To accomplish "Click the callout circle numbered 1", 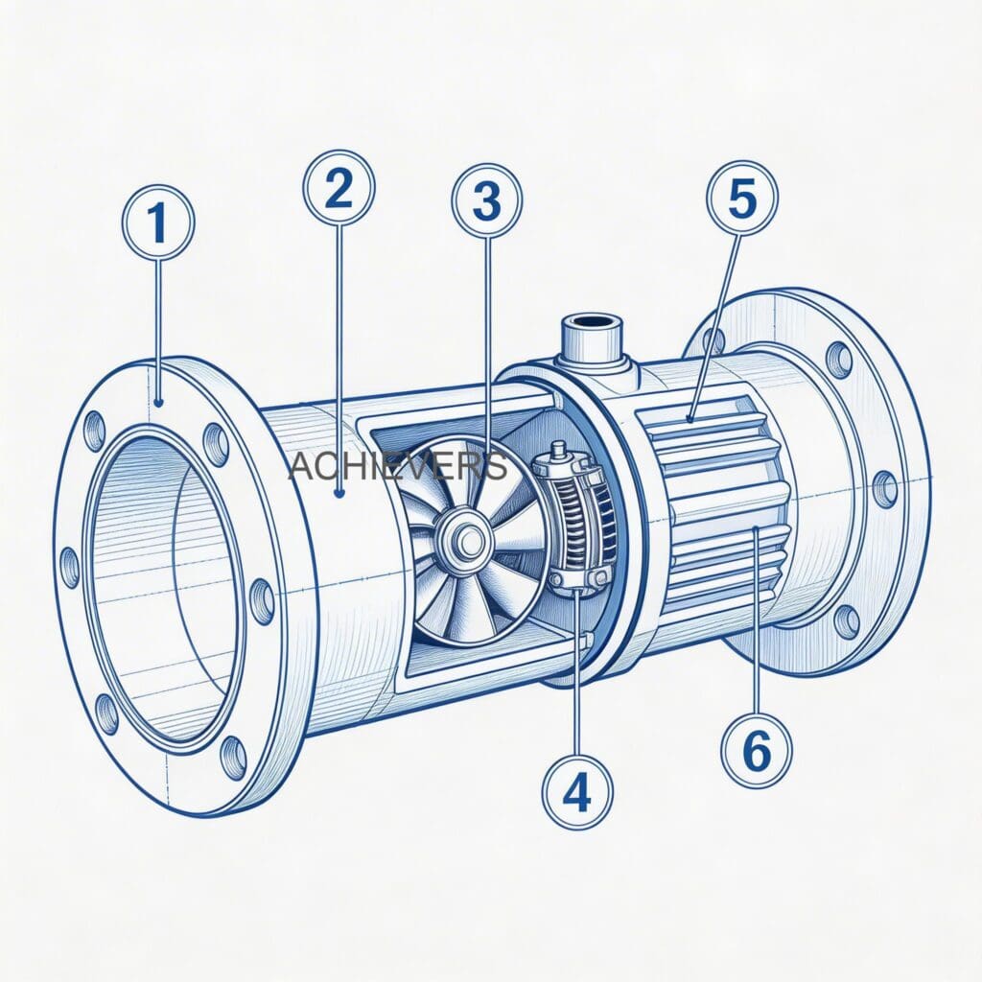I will [x=158, y=222].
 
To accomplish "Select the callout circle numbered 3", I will [x=487, y=200].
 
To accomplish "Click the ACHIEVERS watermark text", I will [x=397, y=466].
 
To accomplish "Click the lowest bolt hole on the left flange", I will [x=232, y=758].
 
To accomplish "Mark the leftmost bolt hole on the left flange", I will [x=70, y=567].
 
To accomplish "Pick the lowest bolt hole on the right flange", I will [x=845, y=621].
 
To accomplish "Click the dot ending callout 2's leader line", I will [x=339, y=495].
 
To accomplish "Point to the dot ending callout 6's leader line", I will [x=757, y=529].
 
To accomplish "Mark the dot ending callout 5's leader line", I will [x=690, y=418].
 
